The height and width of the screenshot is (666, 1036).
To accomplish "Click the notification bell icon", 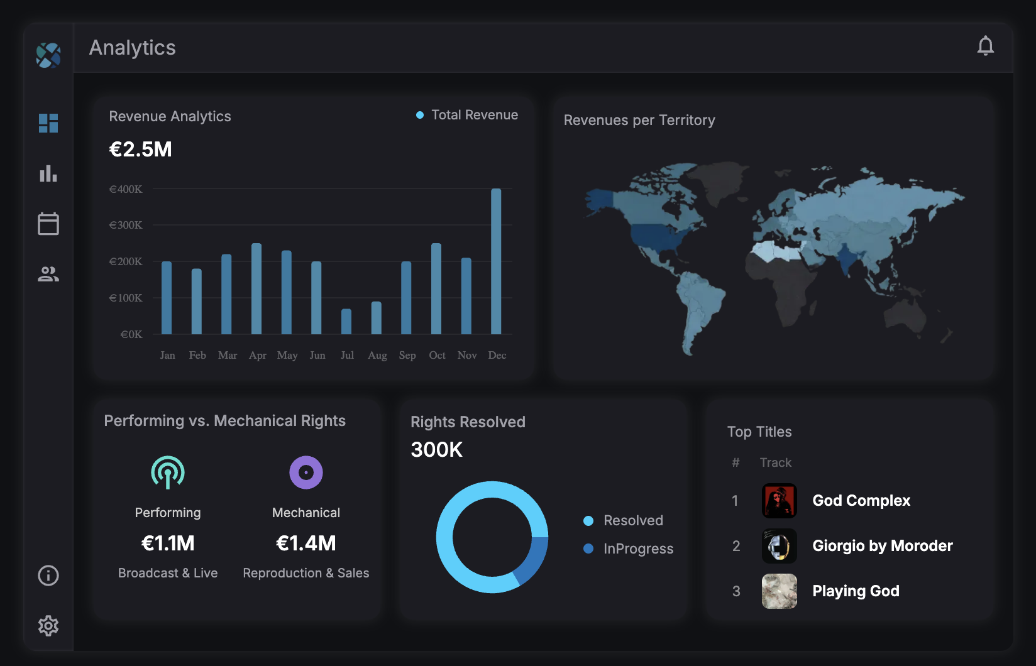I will (985, 46).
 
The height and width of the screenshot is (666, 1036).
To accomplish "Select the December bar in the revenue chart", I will (496, 261).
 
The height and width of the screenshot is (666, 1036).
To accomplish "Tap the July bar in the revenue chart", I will (346, 321).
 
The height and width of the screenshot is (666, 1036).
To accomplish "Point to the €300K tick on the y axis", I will (126, 225).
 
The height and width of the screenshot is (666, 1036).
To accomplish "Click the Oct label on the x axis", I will (437, 355).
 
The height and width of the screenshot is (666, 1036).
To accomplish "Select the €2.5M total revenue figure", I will (140, 150).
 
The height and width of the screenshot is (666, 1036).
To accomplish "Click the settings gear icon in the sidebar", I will (48, 626).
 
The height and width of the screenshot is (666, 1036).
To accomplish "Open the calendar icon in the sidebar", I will (48, 224).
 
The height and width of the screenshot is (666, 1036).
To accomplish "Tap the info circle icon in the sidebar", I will (48, 576).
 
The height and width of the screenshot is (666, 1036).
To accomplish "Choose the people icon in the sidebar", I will (48, 274).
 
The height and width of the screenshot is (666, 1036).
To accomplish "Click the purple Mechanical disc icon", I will (306, 472).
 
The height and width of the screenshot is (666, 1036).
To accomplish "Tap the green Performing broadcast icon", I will (168, 472).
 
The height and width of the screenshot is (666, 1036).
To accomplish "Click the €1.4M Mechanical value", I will (306, 543).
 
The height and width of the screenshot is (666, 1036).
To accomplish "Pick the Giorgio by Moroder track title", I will (882, 545).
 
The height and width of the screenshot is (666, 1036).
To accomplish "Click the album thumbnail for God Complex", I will (779, 501).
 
